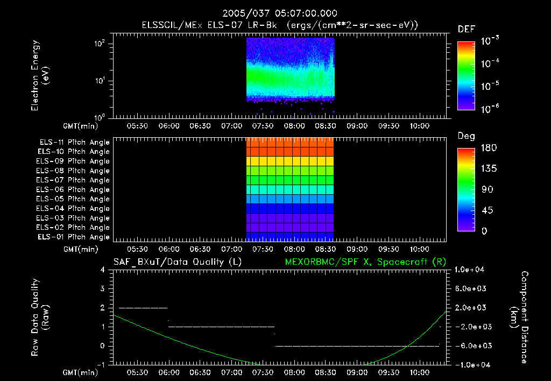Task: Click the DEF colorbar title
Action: click(x=466, y=29)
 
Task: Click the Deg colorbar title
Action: click(x=466, y=136)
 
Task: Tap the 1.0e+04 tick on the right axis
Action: click(x=470, y=270)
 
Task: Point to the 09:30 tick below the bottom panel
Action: click(x=387, y=372)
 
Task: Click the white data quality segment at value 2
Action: click(x=143, y=308)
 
